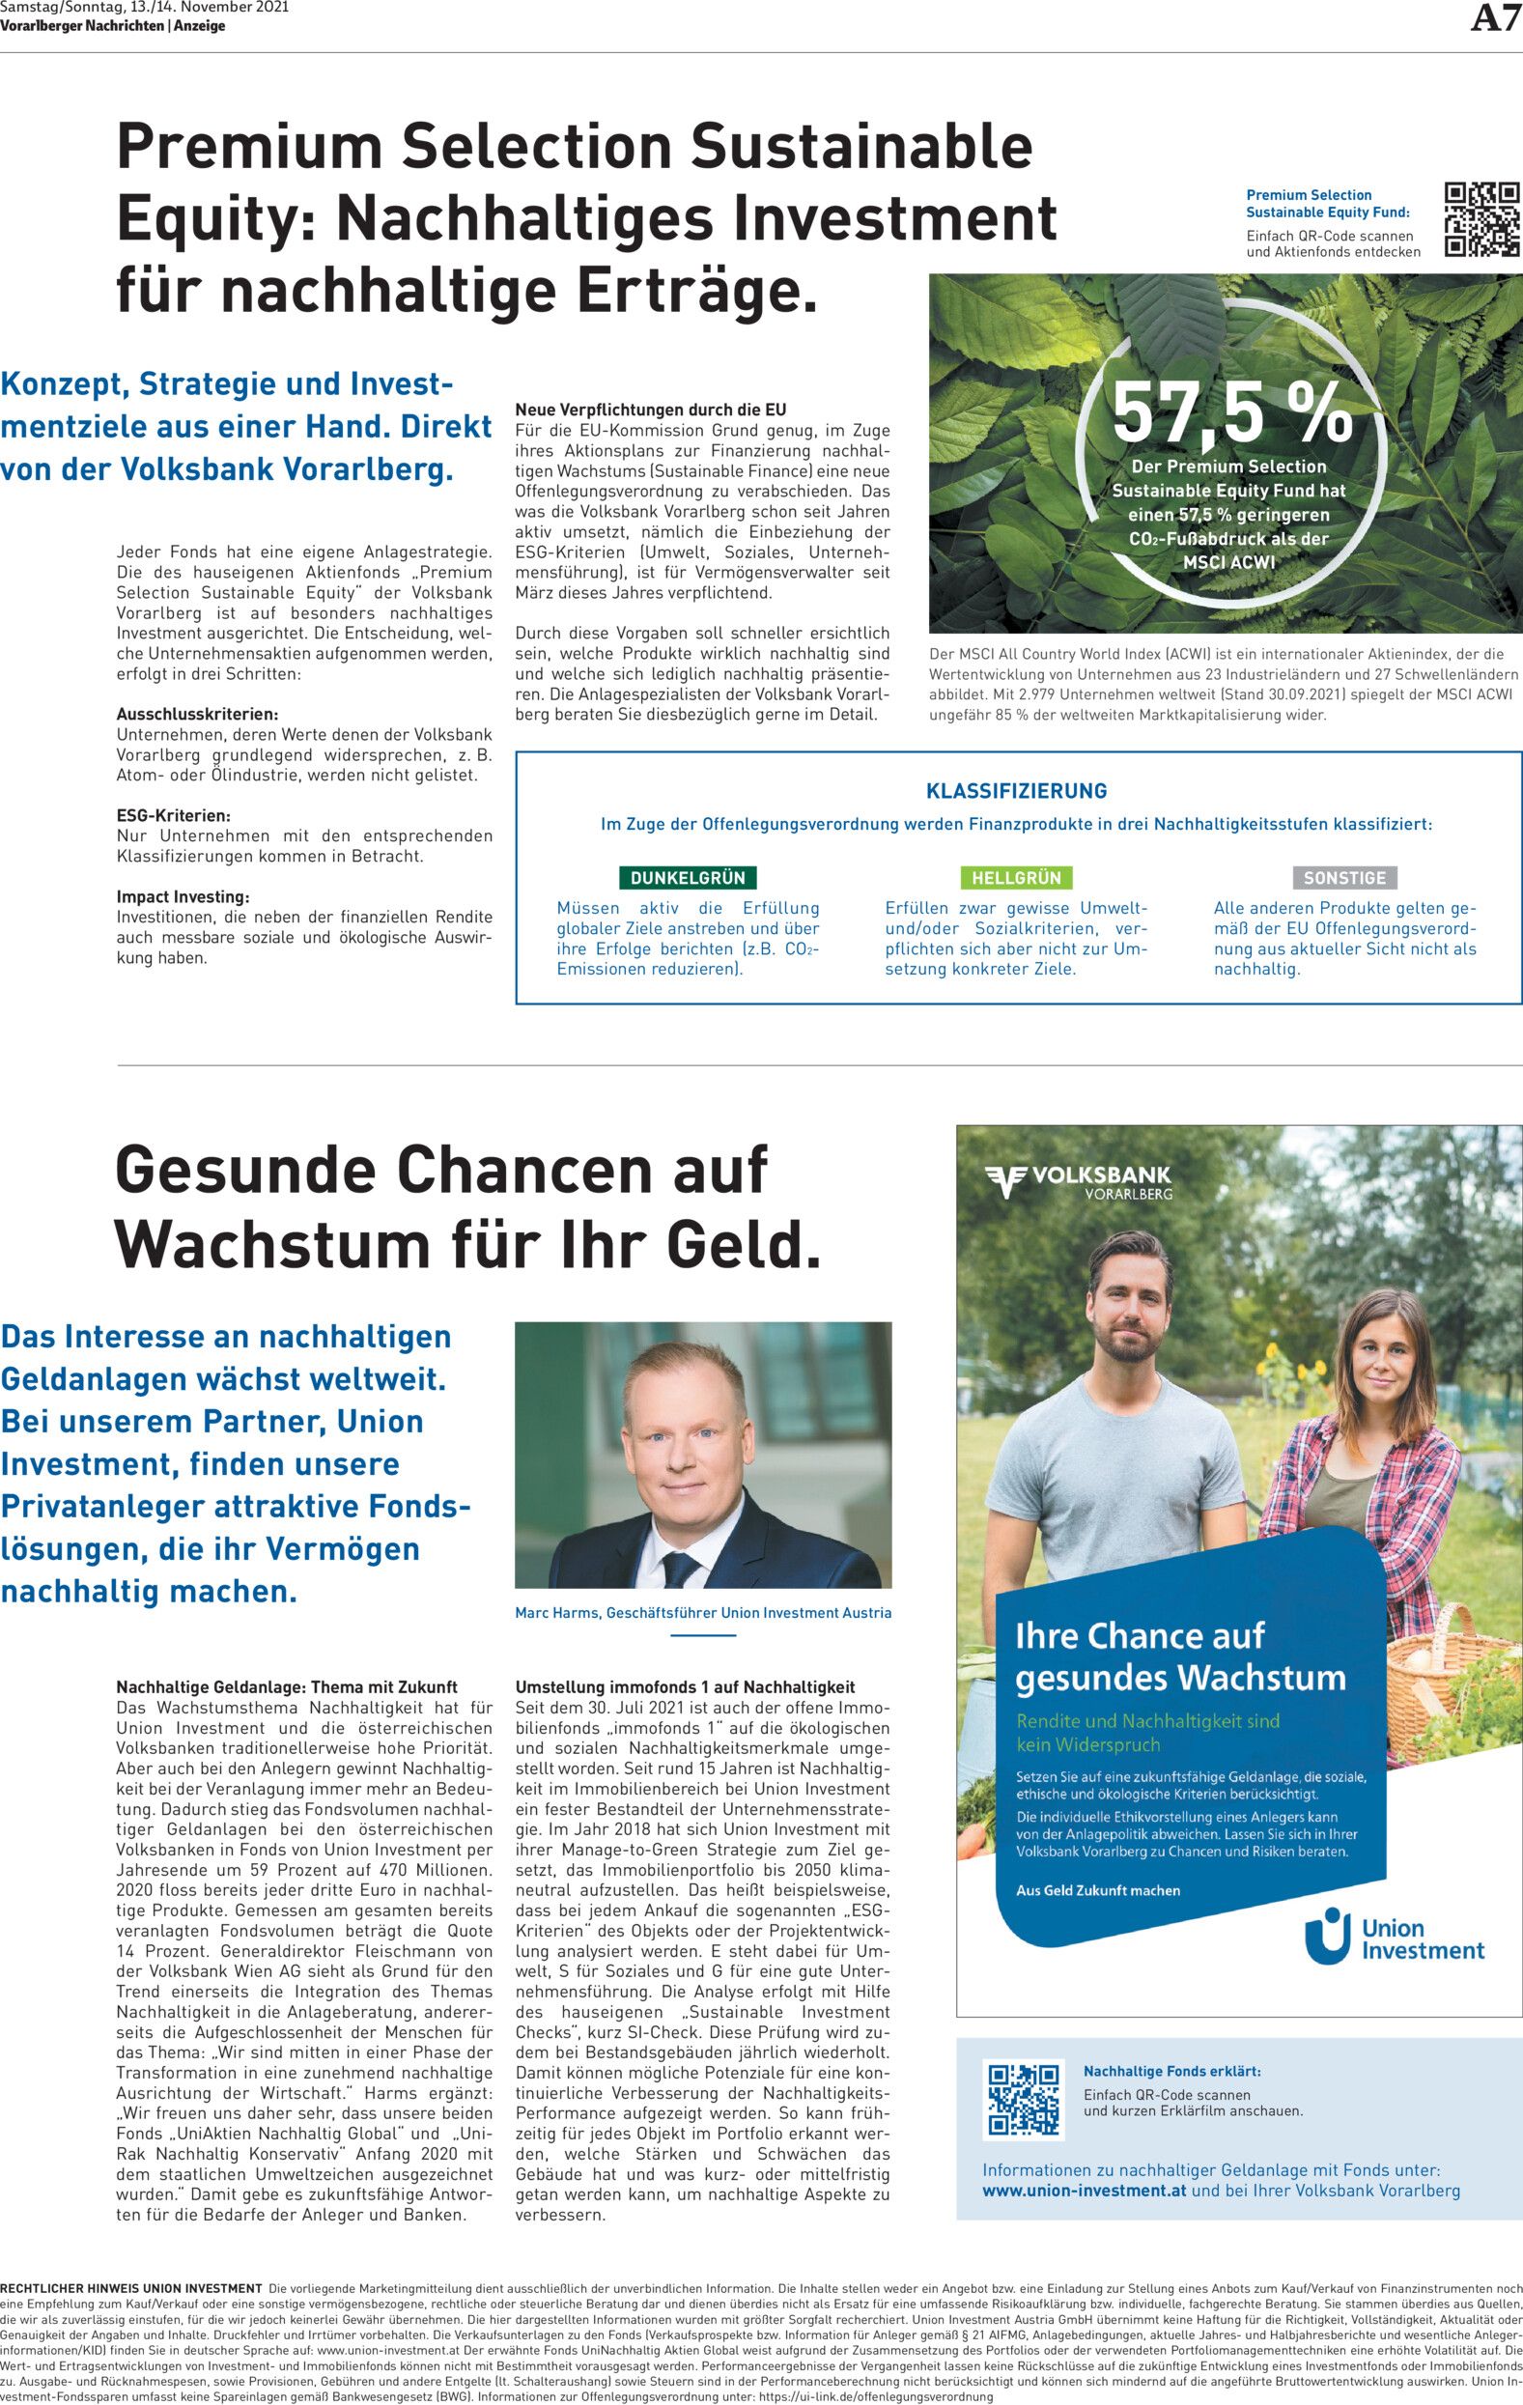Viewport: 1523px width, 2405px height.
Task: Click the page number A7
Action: (x=1496, y=21)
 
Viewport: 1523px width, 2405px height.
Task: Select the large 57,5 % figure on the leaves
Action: (x=1232, y=412)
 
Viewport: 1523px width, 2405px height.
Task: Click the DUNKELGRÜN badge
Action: (x=687, y=878)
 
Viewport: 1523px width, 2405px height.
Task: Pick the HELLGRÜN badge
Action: (x=1016, y=878)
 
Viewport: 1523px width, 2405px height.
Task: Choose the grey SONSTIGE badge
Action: (x=1344, y=878)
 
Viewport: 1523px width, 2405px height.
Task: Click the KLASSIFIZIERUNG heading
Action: (x=1017, y=791)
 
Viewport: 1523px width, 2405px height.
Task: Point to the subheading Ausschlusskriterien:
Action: (x=197, y=714)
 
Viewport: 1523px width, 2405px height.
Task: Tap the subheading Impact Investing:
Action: (x=183, y=896)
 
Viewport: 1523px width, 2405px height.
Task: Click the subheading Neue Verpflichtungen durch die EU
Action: (x=650, y=410)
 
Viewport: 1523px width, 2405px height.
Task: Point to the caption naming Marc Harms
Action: (x=702, y=1612)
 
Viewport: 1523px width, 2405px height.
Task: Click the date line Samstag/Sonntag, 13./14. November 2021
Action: (x=145, y=8)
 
